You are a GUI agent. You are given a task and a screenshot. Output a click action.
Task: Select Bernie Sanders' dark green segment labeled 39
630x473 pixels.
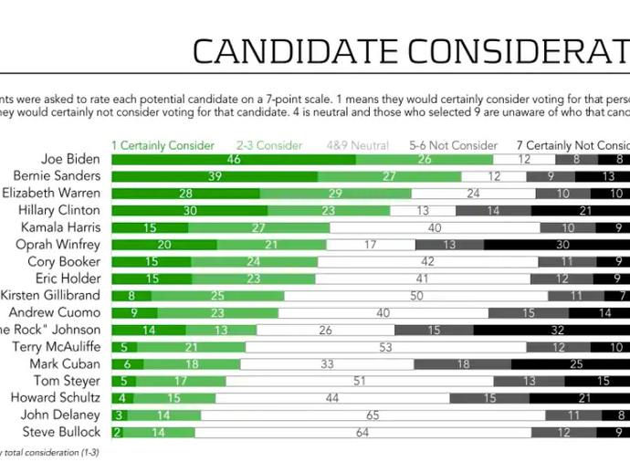(x=215, y=176)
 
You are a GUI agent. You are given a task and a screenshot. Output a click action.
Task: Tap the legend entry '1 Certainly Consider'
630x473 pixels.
(x=163, y=145)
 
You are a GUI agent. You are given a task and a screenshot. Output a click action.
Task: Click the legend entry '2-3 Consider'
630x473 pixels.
(x=268, y=145)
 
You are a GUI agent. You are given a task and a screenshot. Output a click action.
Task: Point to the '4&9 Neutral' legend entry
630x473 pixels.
(x=358, y=145)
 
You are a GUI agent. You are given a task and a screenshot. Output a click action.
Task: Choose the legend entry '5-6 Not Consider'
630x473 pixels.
(x=454, y=145)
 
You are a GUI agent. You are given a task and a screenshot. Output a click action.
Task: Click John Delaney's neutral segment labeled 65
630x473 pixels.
(x=373, y=415)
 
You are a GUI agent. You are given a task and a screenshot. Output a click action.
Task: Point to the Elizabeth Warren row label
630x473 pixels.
(x=51, y=194)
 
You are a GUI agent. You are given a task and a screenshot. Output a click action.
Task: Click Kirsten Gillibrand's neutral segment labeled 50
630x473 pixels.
(x=415, y=296)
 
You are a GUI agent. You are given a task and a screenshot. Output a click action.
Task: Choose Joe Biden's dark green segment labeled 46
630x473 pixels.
(x=233, y=159)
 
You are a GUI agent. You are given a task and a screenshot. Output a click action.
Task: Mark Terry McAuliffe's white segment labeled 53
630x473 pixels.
(x=385, y=347)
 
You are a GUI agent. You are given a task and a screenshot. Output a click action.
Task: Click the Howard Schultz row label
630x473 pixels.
(x=56, y=398)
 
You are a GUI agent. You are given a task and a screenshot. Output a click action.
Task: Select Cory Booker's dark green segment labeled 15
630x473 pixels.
(x=151, y=261)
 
